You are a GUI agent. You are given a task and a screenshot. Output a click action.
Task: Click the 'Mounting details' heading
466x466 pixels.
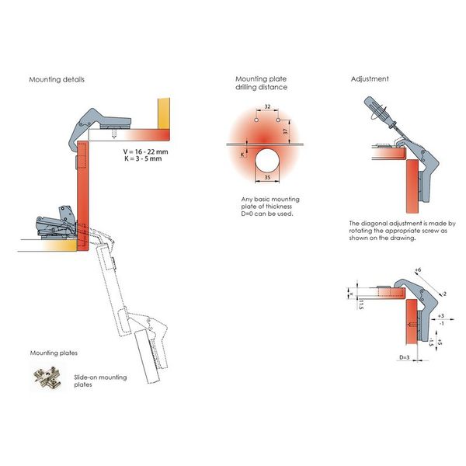click(57, 80)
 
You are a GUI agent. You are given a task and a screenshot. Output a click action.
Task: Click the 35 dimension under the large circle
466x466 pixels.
click(268, 178)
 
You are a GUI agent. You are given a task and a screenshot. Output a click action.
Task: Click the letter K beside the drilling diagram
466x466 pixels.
click(241, 154)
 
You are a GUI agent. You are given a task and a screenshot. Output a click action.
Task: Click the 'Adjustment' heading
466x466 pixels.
click(370, 79)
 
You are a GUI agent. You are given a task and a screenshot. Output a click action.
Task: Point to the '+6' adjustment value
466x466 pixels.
click(418, 270)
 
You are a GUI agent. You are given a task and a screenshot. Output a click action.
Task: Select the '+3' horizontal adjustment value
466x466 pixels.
click(440, 317)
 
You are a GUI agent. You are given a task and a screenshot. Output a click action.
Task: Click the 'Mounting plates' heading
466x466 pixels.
click(53, 353)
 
